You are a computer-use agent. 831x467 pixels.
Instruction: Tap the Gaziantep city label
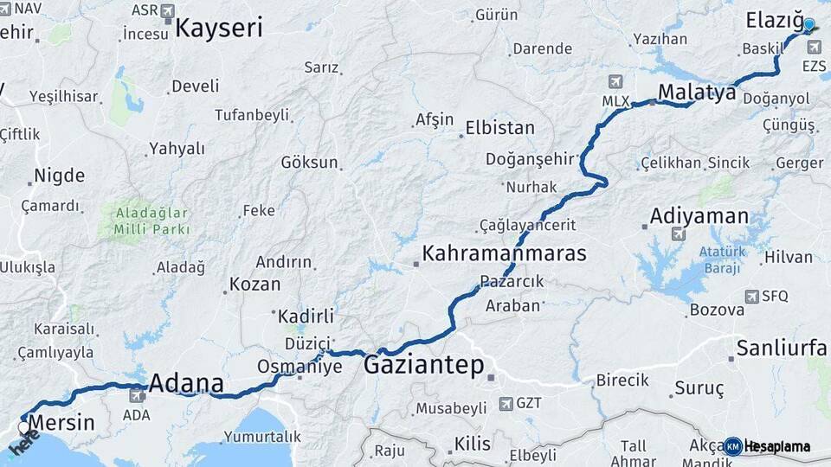(x=423, y=365)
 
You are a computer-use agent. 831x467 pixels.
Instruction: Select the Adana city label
(x=187, y=383)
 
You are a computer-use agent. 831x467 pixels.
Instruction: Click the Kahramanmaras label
(x=504, y=253)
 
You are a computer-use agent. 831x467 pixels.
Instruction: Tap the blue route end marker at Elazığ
(x=809, y=26)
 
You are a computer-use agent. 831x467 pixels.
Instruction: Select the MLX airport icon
(x=615, y=82)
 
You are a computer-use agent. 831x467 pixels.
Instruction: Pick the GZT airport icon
(x=506, y=404)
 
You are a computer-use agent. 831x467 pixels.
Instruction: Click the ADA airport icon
(x=136, y=396)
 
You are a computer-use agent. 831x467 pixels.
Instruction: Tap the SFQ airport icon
(x=751, y=297)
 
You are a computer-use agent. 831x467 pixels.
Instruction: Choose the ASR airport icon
(x=167, y=10)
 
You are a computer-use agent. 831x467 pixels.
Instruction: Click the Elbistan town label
(x=500, y=128)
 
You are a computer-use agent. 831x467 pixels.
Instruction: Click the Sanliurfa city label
(x=781, y=349)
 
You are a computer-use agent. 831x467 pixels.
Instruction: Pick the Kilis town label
(x=473, y=445)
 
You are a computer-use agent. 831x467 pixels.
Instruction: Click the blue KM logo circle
(x=732, y=446)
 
